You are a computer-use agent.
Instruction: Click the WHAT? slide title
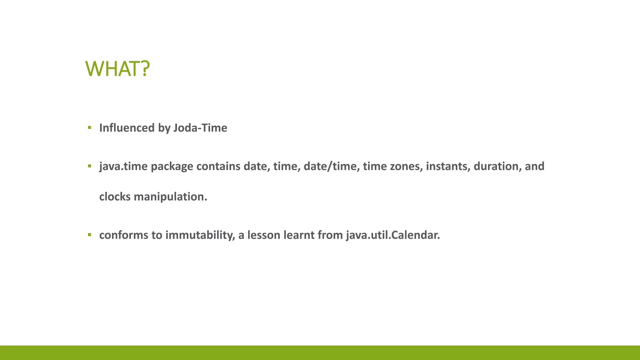click(x=117, y=69)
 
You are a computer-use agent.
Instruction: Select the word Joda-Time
click(x=200, y=128)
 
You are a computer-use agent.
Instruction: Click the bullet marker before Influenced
click(x=90, y=127)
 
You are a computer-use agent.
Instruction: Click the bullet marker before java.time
click(x=90, y=166)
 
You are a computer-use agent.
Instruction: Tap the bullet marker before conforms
click(x=90, y=235)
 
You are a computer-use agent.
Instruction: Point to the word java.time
click(x=123, y=166)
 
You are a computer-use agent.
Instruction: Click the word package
click(x=172, y=166)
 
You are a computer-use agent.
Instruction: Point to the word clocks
click(x=115, y=197)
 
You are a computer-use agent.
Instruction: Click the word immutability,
click(x=200, y=235)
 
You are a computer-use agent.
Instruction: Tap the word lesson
click(x=264, y=235)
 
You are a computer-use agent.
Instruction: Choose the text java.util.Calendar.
click(x=393, y=235)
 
